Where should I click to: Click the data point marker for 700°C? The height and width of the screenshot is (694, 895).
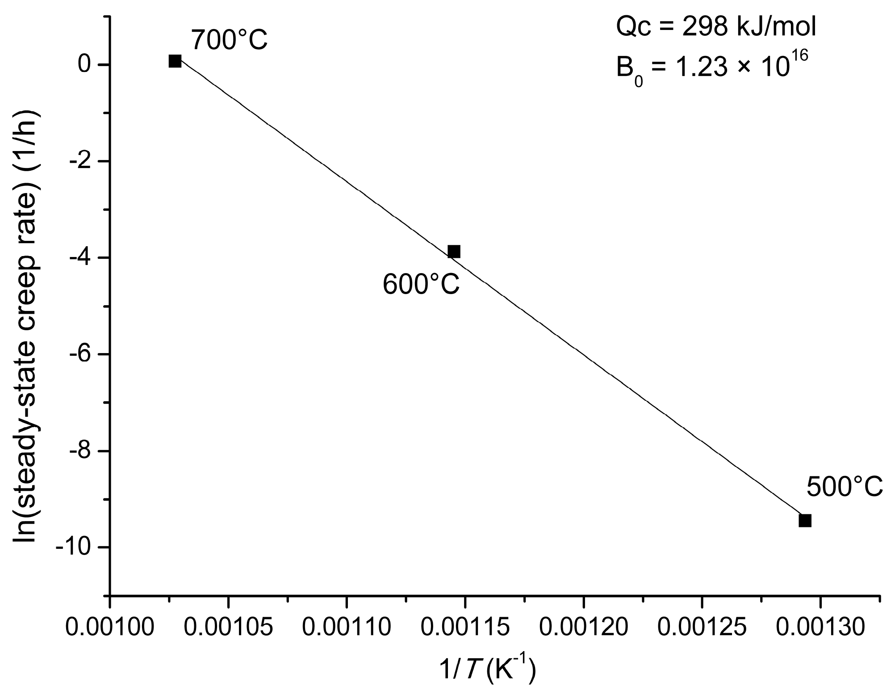pyautogui.click(x=175, y=61)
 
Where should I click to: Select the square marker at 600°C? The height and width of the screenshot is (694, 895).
pyautogui.click(x=454, y=252)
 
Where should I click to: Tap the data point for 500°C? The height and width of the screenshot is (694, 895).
pyautogui.click(x=805, y=521)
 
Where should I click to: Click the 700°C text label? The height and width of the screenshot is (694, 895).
pyautogui.click(x=230, y=40)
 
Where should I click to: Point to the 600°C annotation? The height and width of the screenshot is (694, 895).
pyautogui.click(x=421, y=285)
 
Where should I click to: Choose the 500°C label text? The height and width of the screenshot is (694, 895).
pyautogui.click(x=845, y=487)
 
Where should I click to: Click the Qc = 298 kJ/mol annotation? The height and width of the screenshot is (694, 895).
pyautogui.click(x=716, y=28)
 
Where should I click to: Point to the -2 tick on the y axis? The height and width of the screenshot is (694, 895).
pyautogui.click(x=80, y=161)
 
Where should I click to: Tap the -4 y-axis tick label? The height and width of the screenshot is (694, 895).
pyautogui.click(x=80, y=258)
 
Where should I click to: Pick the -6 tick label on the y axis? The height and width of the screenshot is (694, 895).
pyautogui.click(x=80, y=354)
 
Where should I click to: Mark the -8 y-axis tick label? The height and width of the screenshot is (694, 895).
pyautogui.click(x=80, y=451)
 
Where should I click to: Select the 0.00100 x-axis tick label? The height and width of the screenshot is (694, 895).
pyautogui.click(x=109, y=627)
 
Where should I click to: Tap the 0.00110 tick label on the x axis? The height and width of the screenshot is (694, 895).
pyautogui.click(x=347, y=627)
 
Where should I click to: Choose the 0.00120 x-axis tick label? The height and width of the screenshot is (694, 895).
pyautogui.click(x=583, y=627)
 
